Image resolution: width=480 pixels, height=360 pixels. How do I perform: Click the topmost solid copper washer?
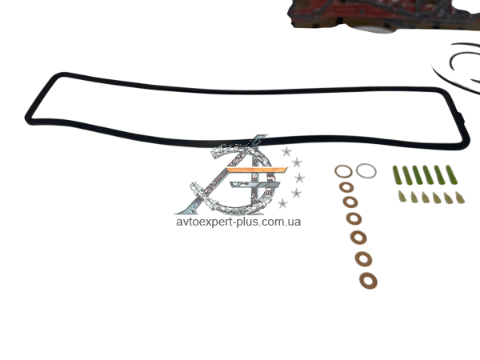point(346,187)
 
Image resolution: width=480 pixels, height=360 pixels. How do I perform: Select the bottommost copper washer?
point(368,281)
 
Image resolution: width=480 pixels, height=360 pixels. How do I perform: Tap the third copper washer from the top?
point(354,218)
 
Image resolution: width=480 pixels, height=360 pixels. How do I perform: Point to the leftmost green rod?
point(397,175)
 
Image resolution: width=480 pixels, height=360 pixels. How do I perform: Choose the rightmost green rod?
point(452,174)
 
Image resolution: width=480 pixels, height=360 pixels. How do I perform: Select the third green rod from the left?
point(418,175)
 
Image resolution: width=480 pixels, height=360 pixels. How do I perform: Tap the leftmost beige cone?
point(402,196)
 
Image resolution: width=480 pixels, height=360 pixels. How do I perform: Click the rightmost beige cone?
point(460,198)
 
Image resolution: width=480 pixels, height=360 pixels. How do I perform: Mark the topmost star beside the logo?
point(286,151)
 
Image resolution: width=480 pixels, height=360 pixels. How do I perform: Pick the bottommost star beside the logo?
point(282,203)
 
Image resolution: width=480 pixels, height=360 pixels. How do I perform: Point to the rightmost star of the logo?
point(299,178)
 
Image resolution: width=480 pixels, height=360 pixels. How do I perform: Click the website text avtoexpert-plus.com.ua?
point(238,222)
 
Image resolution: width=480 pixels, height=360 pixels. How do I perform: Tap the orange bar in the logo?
point(257,170)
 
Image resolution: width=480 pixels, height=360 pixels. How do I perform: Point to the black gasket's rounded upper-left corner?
point(58,76)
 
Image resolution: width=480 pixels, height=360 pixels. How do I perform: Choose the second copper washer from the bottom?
point(364,259)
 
